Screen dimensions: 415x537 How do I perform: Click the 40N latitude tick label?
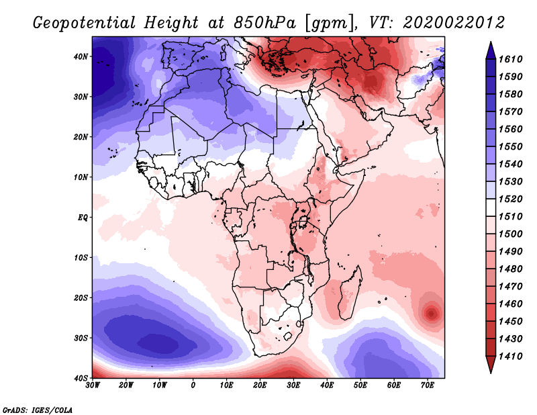[81, 56]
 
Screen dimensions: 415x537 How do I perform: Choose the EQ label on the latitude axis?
[82, 217]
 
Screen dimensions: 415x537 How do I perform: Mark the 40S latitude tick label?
[81, 377]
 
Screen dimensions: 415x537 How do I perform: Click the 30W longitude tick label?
[93, 385]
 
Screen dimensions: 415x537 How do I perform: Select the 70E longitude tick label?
[427, 385]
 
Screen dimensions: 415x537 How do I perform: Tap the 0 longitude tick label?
[193, 385]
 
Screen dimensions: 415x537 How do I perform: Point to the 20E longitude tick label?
[260, 385]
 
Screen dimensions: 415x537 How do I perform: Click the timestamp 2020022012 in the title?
[454, 22]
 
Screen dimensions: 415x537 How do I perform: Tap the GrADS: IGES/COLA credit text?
[38, 409]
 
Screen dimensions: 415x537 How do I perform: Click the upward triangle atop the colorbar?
[491, 49]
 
